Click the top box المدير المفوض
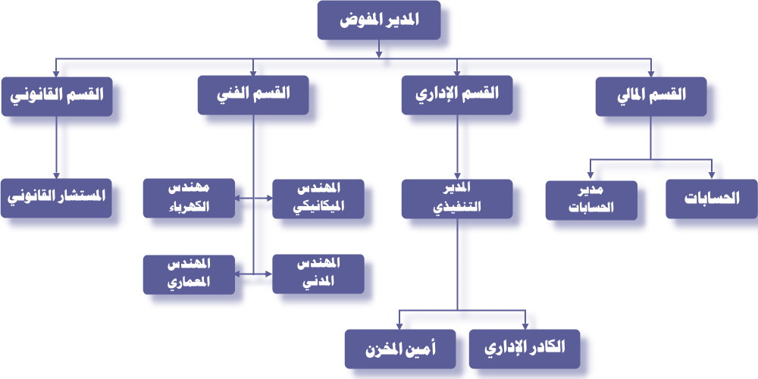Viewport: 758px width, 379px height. point(377,20)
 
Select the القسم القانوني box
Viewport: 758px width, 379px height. point(56,96)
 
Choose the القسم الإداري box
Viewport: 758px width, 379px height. point(457,96)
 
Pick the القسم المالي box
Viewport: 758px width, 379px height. point(651,96)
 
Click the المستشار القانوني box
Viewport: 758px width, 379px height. point(56,198)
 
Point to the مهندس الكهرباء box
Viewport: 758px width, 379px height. point(189,199)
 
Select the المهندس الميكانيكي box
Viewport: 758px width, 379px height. point(318,199)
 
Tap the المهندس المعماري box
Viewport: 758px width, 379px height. point(189,274)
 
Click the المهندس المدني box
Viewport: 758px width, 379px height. point(318,274)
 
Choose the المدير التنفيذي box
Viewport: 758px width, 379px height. point(457,199)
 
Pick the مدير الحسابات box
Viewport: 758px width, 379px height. point(591,199)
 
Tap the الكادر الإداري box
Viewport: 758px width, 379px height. point(525,348)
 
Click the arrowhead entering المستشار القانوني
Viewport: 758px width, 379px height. point(56,174)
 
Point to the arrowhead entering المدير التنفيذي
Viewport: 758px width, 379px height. point(457,174)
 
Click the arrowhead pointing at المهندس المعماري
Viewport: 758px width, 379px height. point(239,274)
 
